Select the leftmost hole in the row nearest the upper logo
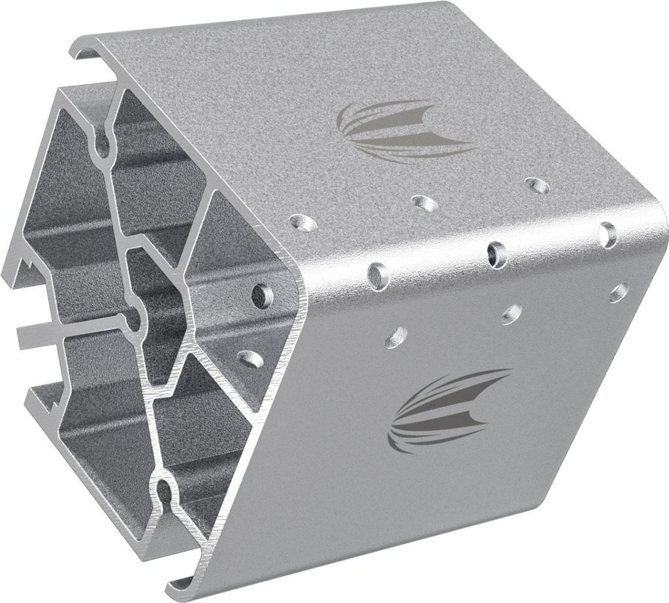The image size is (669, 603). [x=304, y=223]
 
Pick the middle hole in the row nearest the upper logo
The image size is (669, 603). [x=425, y=203]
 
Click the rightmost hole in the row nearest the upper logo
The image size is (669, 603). [x=537, y=186]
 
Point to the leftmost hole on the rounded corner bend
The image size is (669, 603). [x=378, y=275]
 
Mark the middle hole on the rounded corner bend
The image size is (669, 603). [x=497, y=253]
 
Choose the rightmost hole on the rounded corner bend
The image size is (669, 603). [x=608, y=234]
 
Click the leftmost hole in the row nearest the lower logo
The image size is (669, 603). [x=396, y=336]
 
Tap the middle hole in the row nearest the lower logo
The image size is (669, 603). [x=512, y=314]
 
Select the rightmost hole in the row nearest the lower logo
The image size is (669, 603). [x=618, y=292]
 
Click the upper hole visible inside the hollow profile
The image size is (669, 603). [x=263, y=295]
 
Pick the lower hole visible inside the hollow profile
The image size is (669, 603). [x=250, y=357]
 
